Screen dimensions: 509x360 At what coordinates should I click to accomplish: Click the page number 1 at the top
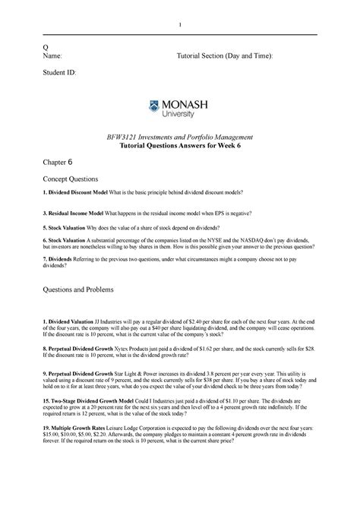[x=180, y=28]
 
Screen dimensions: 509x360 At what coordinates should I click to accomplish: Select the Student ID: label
[x=60, y=74]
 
